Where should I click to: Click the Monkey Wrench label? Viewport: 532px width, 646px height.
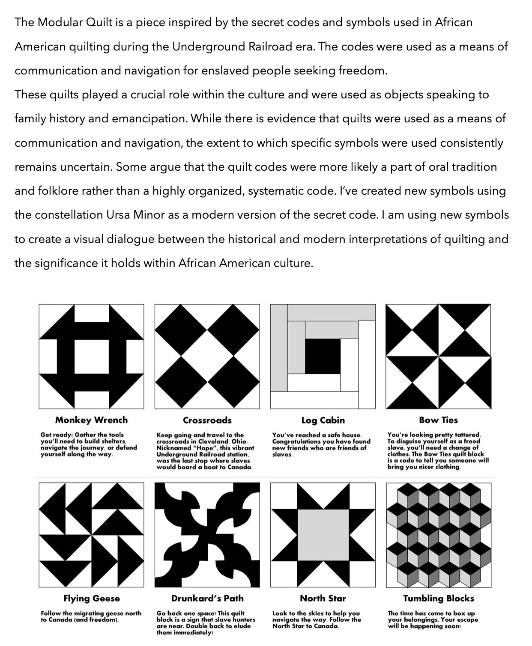(91, 420)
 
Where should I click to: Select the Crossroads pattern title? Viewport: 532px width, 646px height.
(207, 420)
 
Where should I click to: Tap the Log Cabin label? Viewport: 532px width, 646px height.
(323, 420)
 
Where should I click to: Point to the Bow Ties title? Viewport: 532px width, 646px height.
(438, 420)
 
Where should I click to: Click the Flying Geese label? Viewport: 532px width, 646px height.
(91, 598)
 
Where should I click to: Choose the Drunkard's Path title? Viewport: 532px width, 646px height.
(207, 598)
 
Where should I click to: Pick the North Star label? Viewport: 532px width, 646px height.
(323, 598)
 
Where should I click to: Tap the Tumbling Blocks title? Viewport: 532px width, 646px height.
(438, 598)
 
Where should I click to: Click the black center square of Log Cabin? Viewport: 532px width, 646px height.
(322, 356)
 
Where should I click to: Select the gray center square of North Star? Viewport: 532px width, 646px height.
(323, 534)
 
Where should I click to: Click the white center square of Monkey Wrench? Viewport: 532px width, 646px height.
(91, 356)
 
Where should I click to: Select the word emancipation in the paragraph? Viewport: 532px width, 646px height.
(149, 119)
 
